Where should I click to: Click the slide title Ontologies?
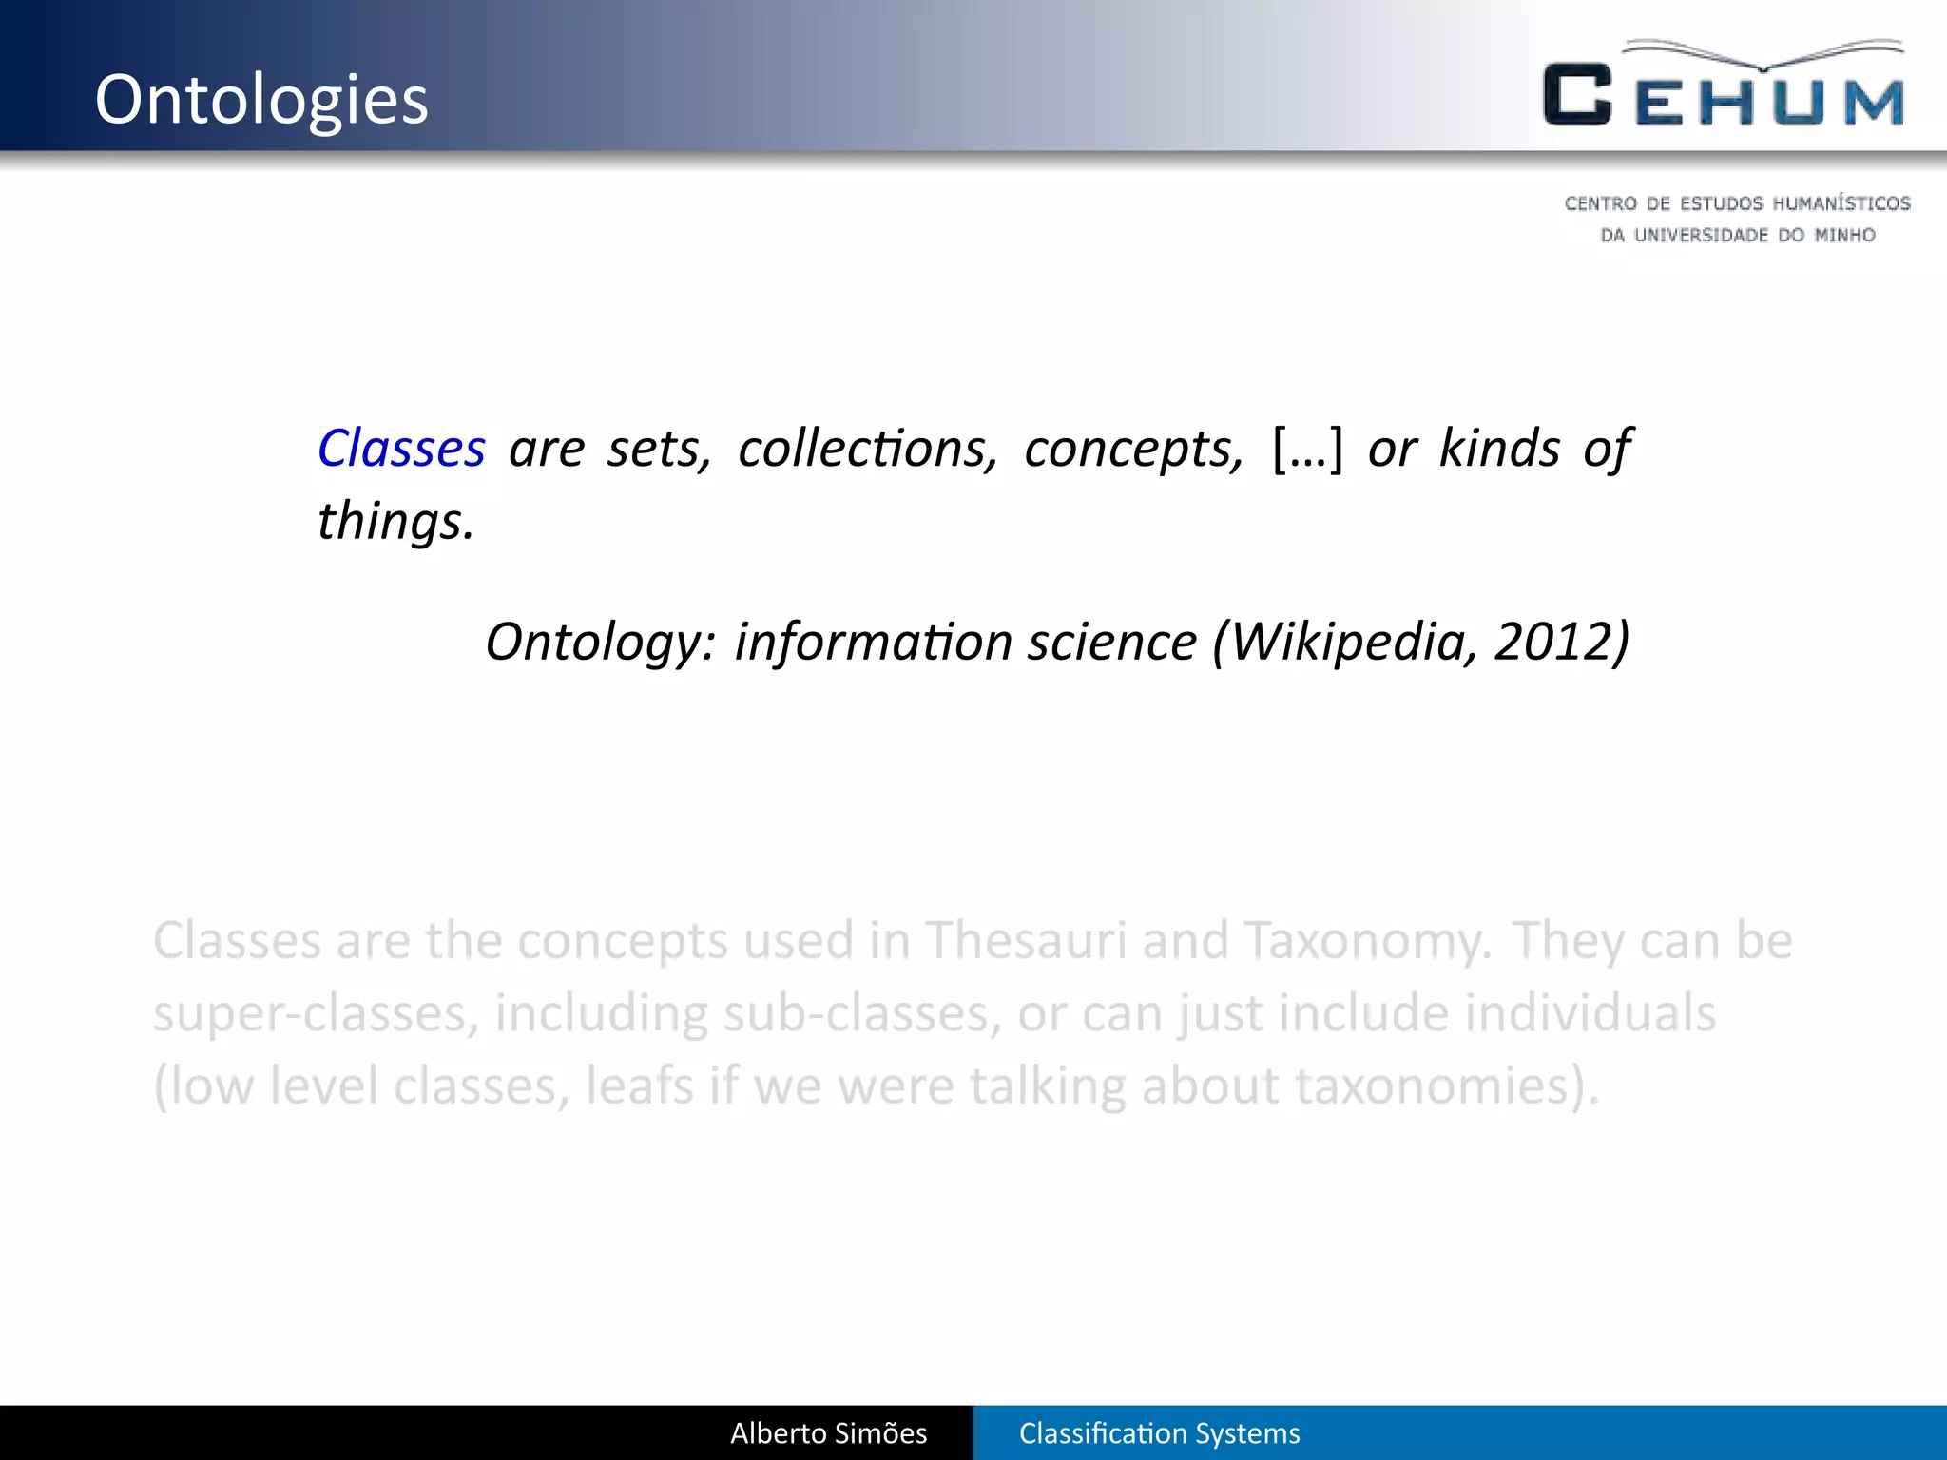point(261,100)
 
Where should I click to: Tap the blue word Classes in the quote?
point(401,449)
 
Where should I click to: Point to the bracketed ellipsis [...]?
point(1307,449)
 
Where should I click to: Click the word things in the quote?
point(394,522)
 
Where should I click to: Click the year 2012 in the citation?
point(1553,642)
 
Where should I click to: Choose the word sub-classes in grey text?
point(861,1013)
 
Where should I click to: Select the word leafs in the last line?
point(640,1085)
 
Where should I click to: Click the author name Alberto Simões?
point(828,1433)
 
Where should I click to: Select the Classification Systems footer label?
point(1159,1433)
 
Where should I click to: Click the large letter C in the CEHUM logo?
point(1577,95)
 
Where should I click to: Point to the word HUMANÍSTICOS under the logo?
point(1841,203)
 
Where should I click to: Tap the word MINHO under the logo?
point(1844,235)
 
